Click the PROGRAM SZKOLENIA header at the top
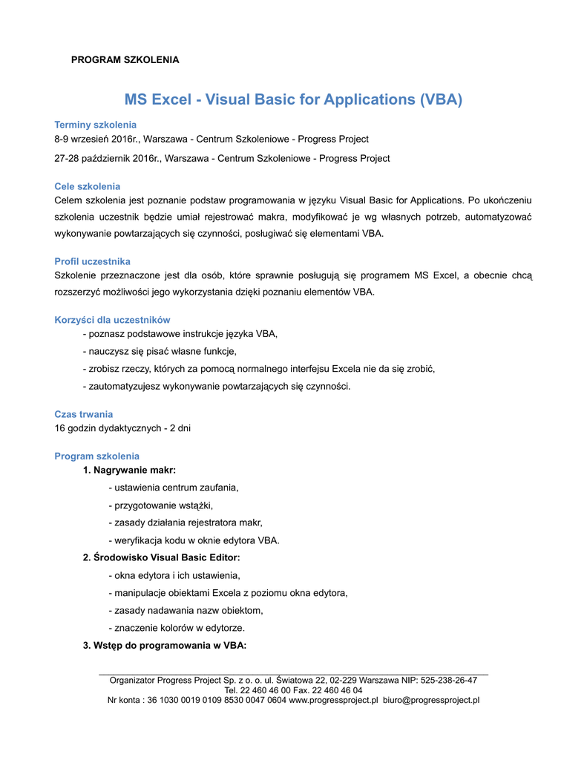125,59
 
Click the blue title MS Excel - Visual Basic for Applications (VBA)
293,99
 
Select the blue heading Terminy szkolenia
95,125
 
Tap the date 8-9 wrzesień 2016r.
97,139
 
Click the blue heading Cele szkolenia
87,186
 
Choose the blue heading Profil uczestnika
92,261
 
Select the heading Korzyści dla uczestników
112,320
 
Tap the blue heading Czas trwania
84,414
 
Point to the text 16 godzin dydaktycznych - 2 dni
122,428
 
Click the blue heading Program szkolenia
96,456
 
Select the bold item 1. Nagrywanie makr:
129,470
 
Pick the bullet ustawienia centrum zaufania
173,488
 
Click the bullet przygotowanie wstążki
160,505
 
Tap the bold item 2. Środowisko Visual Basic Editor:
161,557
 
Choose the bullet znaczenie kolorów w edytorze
176,628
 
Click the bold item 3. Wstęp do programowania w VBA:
164,645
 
